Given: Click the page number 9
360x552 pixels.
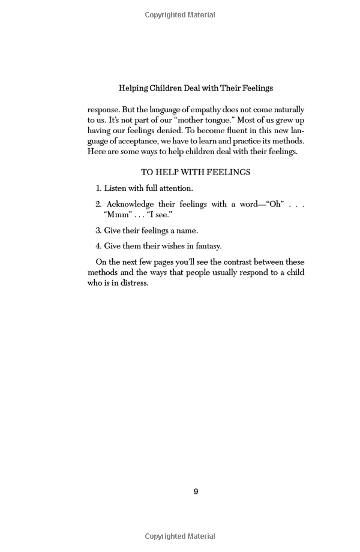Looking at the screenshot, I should coord(196,491).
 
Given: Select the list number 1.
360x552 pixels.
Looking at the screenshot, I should coord(98,188).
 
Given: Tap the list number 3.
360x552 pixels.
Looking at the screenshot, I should coord(98,230).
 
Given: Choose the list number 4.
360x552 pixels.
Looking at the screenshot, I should coord(98,246).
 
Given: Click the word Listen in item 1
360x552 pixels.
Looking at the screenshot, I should coord(116,188).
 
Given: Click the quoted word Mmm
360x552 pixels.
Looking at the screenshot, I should coord(116,215).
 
